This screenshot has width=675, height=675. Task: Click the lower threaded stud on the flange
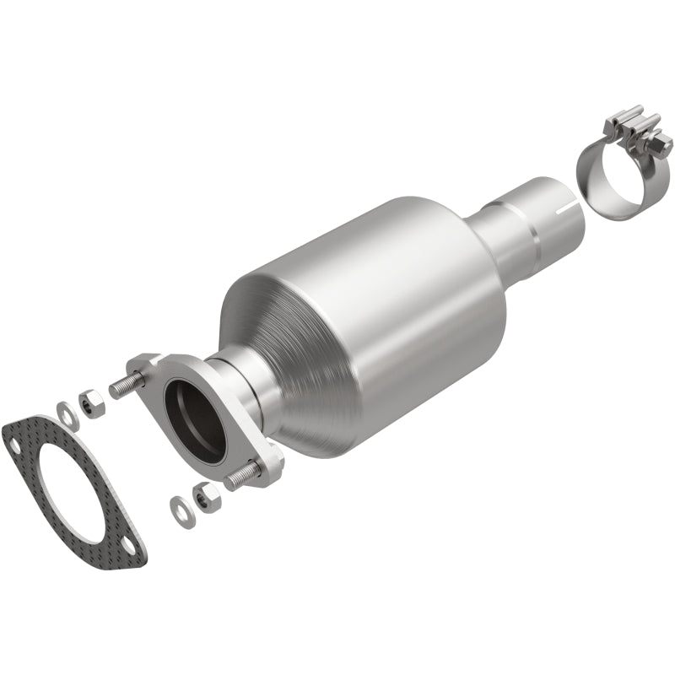pyautogui.click(x=242, y=476)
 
